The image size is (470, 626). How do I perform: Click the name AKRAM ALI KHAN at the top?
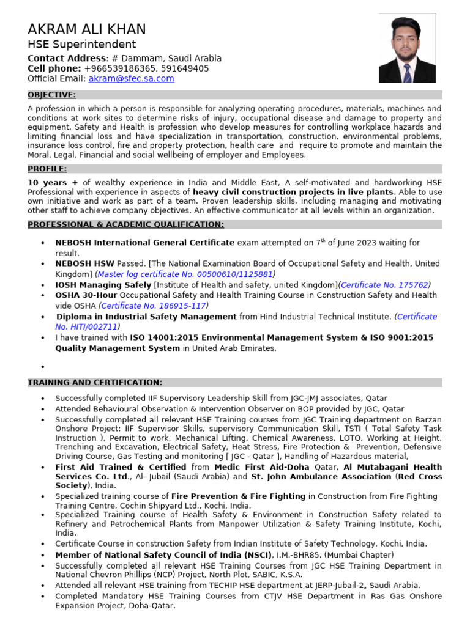(87, 29)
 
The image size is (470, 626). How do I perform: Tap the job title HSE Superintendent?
(82, 45)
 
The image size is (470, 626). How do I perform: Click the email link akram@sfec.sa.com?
(131, 79)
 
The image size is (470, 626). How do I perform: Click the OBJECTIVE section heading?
(52, 95)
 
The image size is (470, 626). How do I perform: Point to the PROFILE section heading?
(47, 169)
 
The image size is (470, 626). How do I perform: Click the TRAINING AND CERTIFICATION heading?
(95, 383)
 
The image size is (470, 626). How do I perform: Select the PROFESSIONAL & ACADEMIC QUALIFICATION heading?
(125, 224)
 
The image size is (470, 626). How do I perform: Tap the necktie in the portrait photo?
(407, 72)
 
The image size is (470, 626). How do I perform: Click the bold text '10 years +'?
(54, 182)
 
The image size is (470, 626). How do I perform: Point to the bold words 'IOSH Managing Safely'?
(103, 285)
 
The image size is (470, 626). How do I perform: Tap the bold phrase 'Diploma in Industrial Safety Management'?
(146, 317)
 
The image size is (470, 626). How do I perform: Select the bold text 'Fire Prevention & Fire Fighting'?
(239, 496)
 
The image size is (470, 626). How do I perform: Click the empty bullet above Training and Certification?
(42, 367)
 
